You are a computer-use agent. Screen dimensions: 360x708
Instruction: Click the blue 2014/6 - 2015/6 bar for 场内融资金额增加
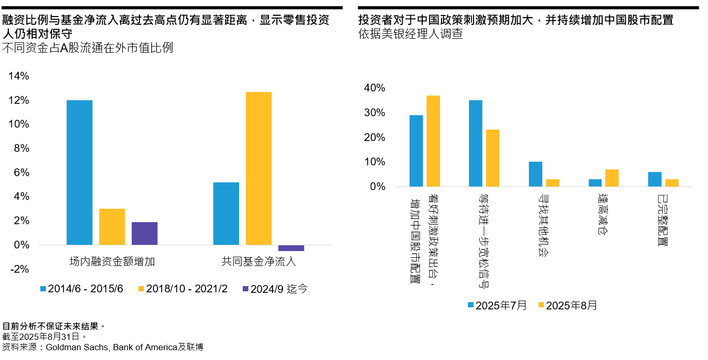coord(80,173)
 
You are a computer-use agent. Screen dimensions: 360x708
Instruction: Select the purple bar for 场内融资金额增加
coord(145,233)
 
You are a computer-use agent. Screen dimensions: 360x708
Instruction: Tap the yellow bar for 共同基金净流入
coord(259,168)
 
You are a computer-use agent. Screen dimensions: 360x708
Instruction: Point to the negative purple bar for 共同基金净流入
coord(291,248)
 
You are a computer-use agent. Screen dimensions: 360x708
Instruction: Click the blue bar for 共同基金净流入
coord(226,213)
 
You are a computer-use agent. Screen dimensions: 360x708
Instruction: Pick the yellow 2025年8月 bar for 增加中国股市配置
coord(433,141)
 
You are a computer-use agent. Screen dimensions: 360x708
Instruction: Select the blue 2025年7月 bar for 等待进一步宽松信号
coord(476,143)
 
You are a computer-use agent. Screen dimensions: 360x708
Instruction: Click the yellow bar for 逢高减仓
coord(612,178)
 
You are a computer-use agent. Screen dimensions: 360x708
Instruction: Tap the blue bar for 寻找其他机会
coord(536,174)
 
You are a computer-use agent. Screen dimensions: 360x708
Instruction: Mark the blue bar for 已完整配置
coord(655,179)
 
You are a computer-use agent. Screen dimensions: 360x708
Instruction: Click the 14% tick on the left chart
coord(19,76)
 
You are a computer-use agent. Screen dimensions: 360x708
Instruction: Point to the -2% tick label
coord(19,269)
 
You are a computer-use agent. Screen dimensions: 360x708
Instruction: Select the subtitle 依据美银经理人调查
coord(411,34)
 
